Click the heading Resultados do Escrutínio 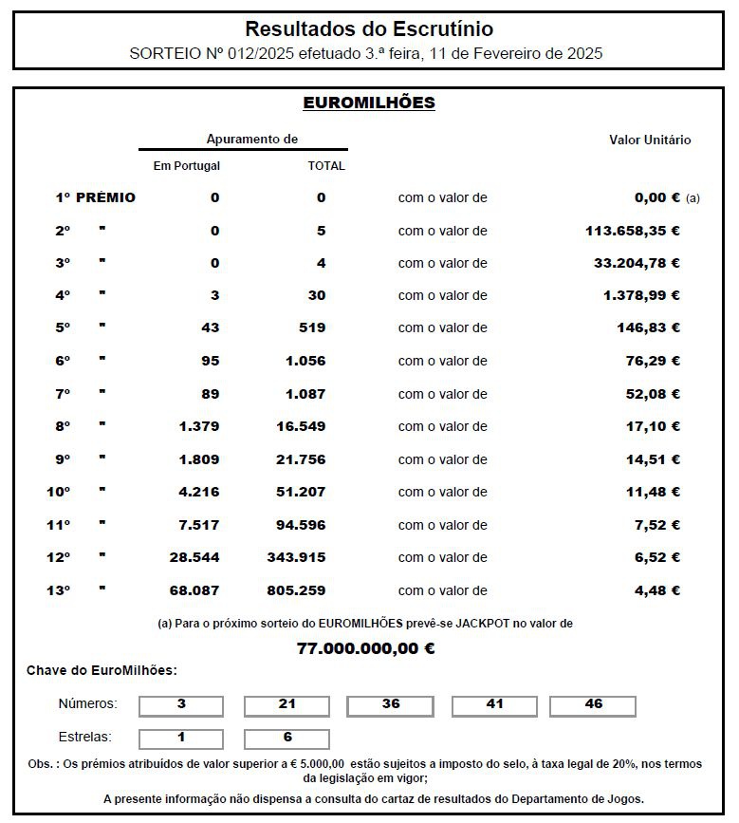[369, 29]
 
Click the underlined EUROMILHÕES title [369, 103]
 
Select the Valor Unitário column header [650, 140]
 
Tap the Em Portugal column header [187, 165]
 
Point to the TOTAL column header [326, 165]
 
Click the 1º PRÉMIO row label [95, 197]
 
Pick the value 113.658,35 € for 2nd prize [633, 231]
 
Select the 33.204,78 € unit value [637, 263]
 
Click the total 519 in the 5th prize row [311, 327]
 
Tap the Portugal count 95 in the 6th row [210, 361]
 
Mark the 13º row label [60, 590]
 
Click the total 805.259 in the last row [296, 590]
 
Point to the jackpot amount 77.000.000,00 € [366, 649]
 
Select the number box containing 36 [391, 705]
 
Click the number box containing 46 [593, 705]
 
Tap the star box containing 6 [287, 738]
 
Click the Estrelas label [85, 737]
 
